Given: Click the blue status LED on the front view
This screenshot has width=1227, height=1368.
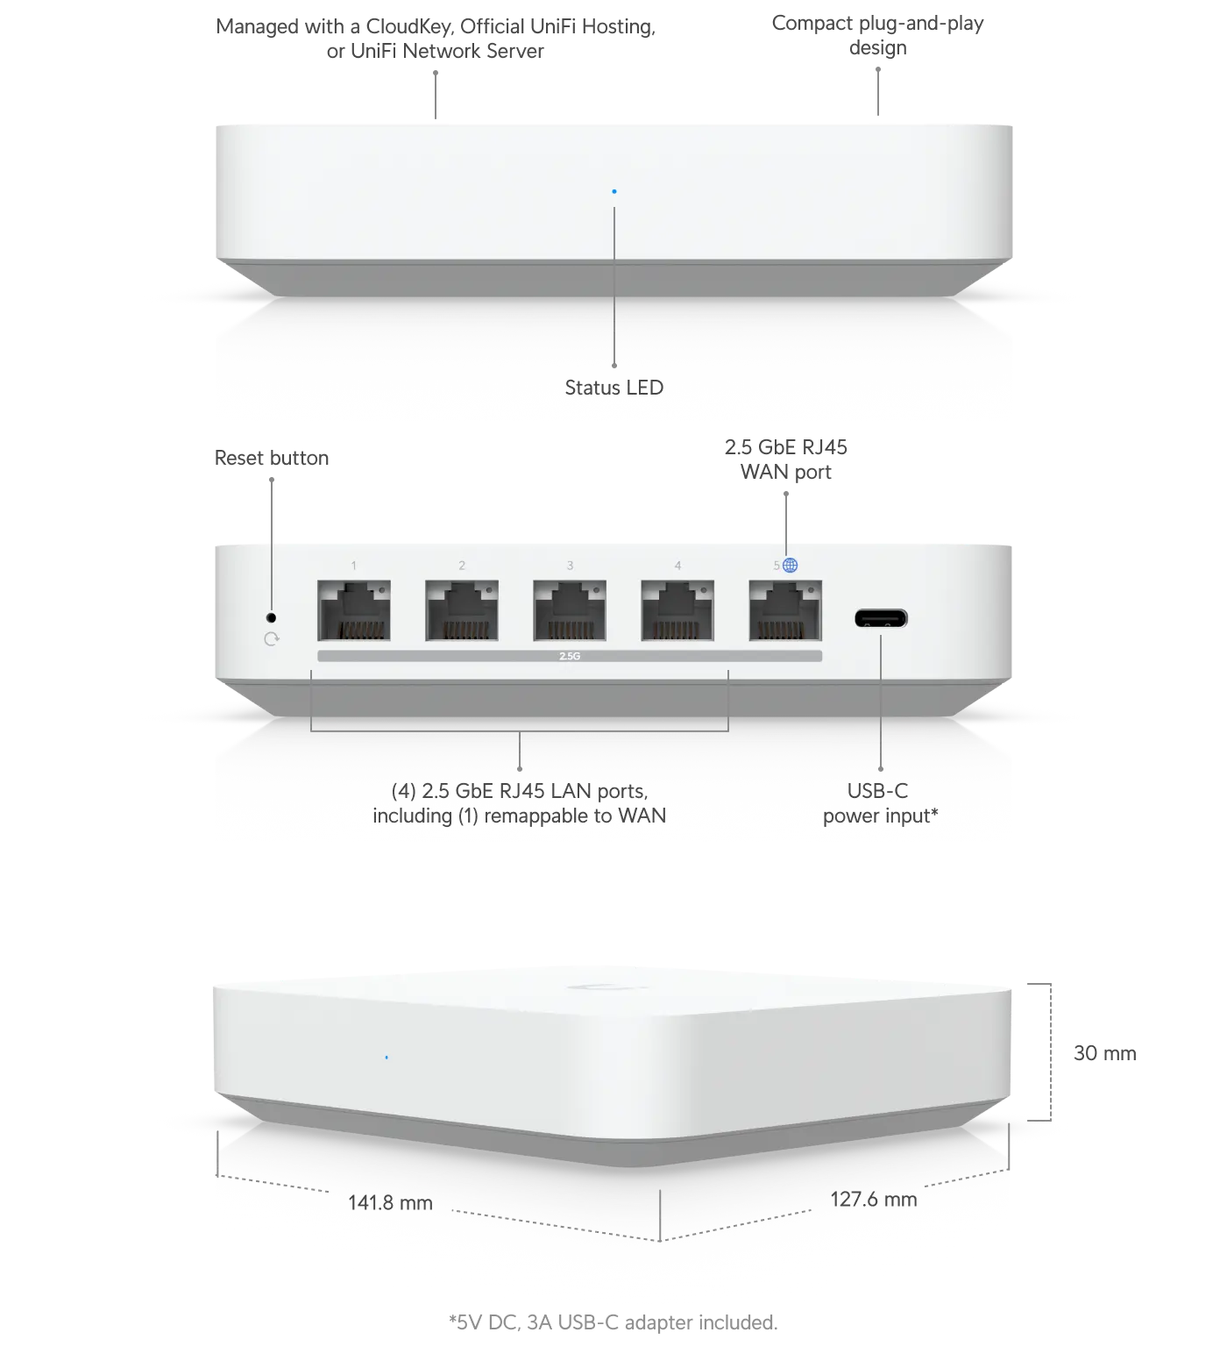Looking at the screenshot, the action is pos(614,191).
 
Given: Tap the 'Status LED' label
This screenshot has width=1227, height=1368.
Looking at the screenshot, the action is pos(614,388).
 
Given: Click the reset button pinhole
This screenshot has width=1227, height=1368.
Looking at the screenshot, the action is pos(271,617).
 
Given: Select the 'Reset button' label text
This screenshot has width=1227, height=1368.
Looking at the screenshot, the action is pos(272,458).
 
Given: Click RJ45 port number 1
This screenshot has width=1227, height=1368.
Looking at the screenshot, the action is pos(354,610).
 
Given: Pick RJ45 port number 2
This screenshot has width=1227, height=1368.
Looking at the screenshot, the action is pos(462,610).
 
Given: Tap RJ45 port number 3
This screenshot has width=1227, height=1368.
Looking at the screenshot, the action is pos(570,610).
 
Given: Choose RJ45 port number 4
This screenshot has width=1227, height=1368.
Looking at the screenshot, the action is pos(677,610).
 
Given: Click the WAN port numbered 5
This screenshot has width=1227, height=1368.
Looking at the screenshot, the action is pos(785,610).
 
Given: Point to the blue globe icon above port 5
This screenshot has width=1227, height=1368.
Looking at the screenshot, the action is pos(791,566).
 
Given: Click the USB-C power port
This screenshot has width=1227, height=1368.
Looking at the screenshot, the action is pos(881,618).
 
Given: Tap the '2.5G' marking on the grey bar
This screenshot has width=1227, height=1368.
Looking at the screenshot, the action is pos(570,656).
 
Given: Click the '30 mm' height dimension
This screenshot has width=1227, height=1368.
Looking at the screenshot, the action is pos(1105,1053).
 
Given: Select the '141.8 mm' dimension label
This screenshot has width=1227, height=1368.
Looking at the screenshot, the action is pos(390,1202).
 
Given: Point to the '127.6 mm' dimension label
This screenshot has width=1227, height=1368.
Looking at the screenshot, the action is pos(874,1199).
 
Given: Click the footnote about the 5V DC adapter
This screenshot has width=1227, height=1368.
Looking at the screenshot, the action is pos(613,1322).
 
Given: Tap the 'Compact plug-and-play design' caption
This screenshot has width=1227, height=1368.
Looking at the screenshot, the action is pos(878,35).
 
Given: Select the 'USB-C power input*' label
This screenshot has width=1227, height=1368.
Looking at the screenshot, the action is pos(880,803).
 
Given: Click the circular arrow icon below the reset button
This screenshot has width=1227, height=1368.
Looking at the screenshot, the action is pos(272,639).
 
